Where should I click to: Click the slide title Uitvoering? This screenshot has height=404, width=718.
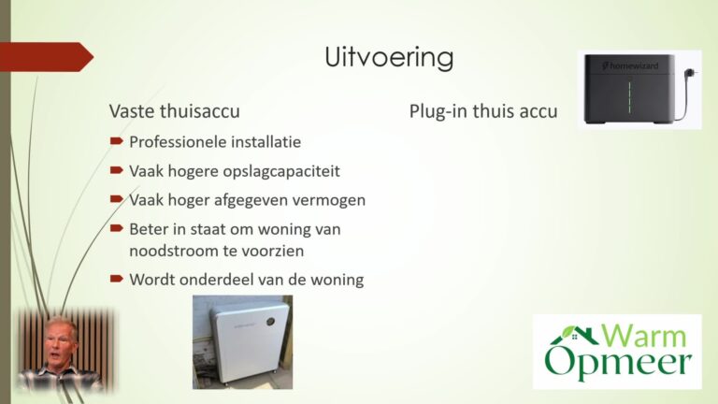(389, 57)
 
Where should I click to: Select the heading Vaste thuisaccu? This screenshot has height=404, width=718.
(175, 111)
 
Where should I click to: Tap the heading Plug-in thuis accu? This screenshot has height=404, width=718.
(483, 111)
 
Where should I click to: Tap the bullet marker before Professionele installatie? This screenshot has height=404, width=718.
(117, 141)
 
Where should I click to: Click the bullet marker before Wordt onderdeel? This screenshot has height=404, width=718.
(117, 279)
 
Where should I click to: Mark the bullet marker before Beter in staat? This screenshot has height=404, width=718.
(117, 228)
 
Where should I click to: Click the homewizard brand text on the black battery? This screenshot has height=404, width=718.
(630, 66)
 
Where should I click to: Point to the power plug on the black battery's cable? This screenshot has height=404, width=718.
(691, 73)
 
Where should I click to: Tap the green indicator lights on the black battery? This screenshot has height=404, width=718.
(629, 97)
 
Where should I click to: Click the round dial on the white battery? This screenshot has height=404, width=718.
(270, 322)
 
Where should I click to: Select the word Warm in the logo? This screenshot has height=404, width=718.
(644, 336)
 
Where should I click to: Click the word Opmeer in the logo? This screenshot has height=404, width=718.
(618, 363)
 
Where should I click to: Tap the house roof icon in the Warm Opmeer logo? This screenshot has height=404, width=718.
(575, 336)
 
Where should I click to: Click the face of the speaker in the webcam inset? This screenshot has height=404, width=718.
(59, 342)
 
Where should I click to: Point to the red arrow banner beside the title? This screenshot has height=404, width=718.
(46, 57)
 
